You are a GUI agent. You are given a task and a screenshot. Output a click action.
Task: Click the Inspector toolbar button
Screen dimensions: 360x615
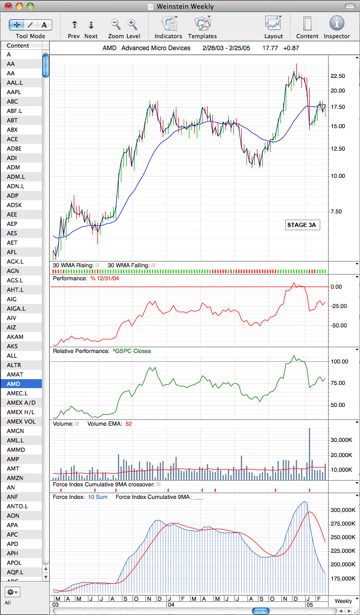(x=337, y=23)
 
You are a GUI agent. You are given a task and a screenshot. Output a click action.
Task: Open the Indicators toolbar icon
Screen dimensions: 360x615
(x=168, y=23)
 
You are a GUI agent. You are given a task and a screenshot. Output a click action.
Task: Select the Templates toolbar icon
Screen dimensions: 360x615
(x=202, y=23)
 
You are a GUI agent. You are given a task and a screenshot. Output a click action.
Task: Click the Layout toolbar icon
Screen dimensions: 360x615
(x=273, y=23)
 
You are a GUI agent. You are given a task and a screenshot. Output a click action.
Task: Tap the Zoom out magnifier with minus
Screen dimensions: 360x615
(x=116, y=24)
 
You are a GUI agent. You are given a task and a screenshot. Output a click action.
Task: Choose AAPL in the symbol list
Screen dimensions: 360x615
(x=14, y=92)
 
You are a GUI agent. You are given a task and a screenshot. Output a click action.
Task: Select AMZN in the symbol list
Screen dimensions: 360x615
(x=15, y=478)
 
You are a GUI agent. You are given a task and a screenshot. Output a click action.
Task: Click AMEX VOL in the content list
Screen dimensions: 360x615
(x=20, y=422)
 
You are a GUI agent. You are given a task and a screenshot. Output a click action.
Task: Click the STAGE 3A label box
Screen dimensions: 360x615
(x=301, y=225)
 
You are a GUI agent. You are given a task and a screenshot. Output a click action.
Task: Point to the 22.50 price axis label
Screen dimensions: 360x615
(x=339, y=76)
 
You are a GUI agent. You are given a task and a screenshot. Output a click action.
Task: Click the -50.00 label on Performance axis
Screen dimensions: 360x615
(x=339, y=325)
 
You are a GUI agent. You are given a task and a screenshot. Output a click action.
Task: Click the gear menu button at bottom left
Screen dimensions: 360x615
(x=13, y=592)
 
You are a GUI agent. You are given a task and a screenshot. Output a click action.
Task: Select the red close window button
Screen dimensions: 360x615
(x=8, y=6)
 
